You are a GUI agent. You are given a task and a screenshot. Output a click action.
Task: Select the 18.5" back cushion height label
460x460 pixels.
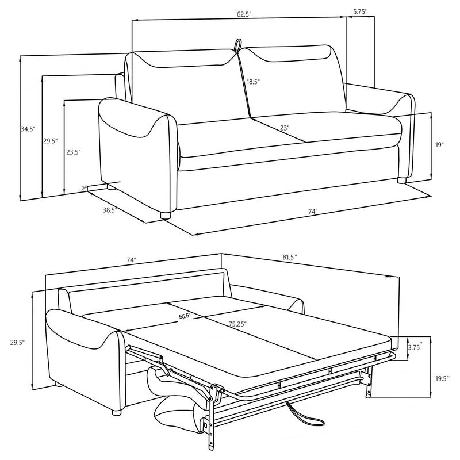pos(253,82)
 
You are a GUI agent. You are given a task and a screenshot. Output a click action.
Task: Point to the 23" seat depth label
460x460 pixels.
pos(285,128)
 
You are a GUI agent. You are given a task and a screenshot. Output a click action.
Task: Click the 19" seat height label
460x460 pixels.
pos(440,145)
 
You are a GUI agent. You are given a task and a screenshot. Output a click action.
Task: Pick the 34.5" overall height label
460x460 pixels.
pos(28,129)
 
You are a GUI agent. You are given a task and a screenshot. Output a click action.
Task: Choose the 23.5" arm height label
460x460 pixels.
pos(73,152)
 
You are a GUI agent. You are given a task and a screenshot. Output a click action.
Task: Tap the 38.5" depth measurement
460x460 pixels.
pos(109,210)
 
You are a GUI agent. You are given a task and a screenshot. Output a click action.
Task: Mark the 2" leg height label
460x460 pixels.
pos(84,189)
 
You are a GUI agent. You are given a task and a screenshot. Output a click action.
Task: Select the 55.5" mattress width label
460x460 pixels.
pos(185,316)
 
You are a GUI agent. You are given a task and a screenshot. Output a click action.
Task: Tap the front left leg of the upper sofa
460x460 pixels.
pos(166,216)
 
